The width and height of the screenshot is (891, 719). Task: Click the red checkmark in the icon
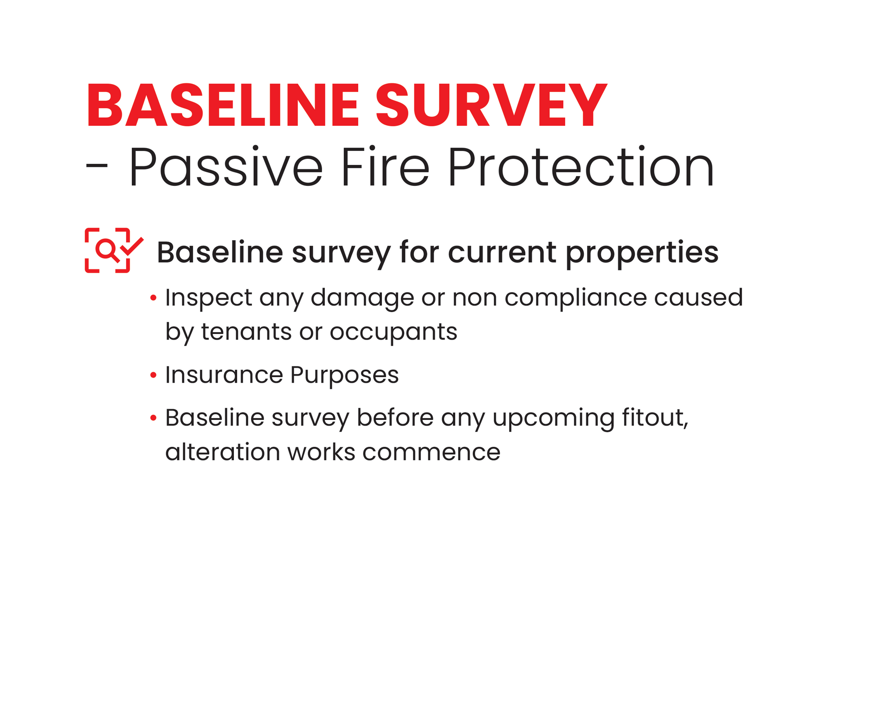pyautogui.click(x=132, y=246)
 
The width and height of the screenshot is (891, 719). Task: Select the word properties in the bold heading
pyautogui.click(x=642, y=253)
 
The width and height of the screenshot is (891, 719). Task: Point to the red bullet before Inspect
pyautogui.click(x=153, y=298)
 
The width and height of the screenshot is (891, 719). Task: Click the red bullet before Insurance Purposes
pyautogui.click(x=153, y=375)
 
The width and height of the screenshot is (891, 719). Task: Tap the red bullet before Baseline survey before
pyautogui.click(x=153, y=418)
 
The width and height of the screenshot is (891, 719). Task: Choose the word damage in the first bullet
pyautogui.click(x=362, y=298)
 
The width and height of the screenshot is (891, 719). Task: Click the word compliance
pyautogui.click(x=575, y=298)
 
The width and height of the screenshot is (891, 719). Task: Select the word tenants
pyautogui.click(x=246, y=332)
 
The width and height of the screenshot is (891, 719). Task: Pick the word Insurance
pyautogui.click(x=224, y=375)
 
